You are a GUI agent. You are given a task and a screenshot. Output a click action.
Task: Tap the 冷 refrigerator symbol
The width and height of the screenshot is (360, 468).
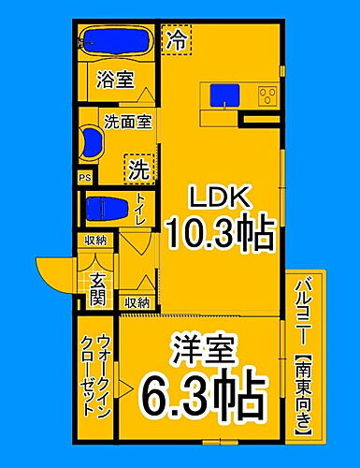pos(175,39)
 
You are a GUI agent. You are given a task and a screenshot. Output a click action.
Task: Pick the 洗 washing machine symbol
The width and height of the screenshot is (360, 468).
pos(137,169)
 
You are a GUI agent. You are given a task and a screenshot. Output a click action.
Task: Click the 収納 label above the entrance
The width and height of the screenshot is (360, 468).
pos(95,241)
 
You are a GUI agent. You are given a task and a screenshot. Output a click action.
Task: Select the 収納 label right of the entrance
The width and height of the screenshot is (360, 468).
pos(137,302)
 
